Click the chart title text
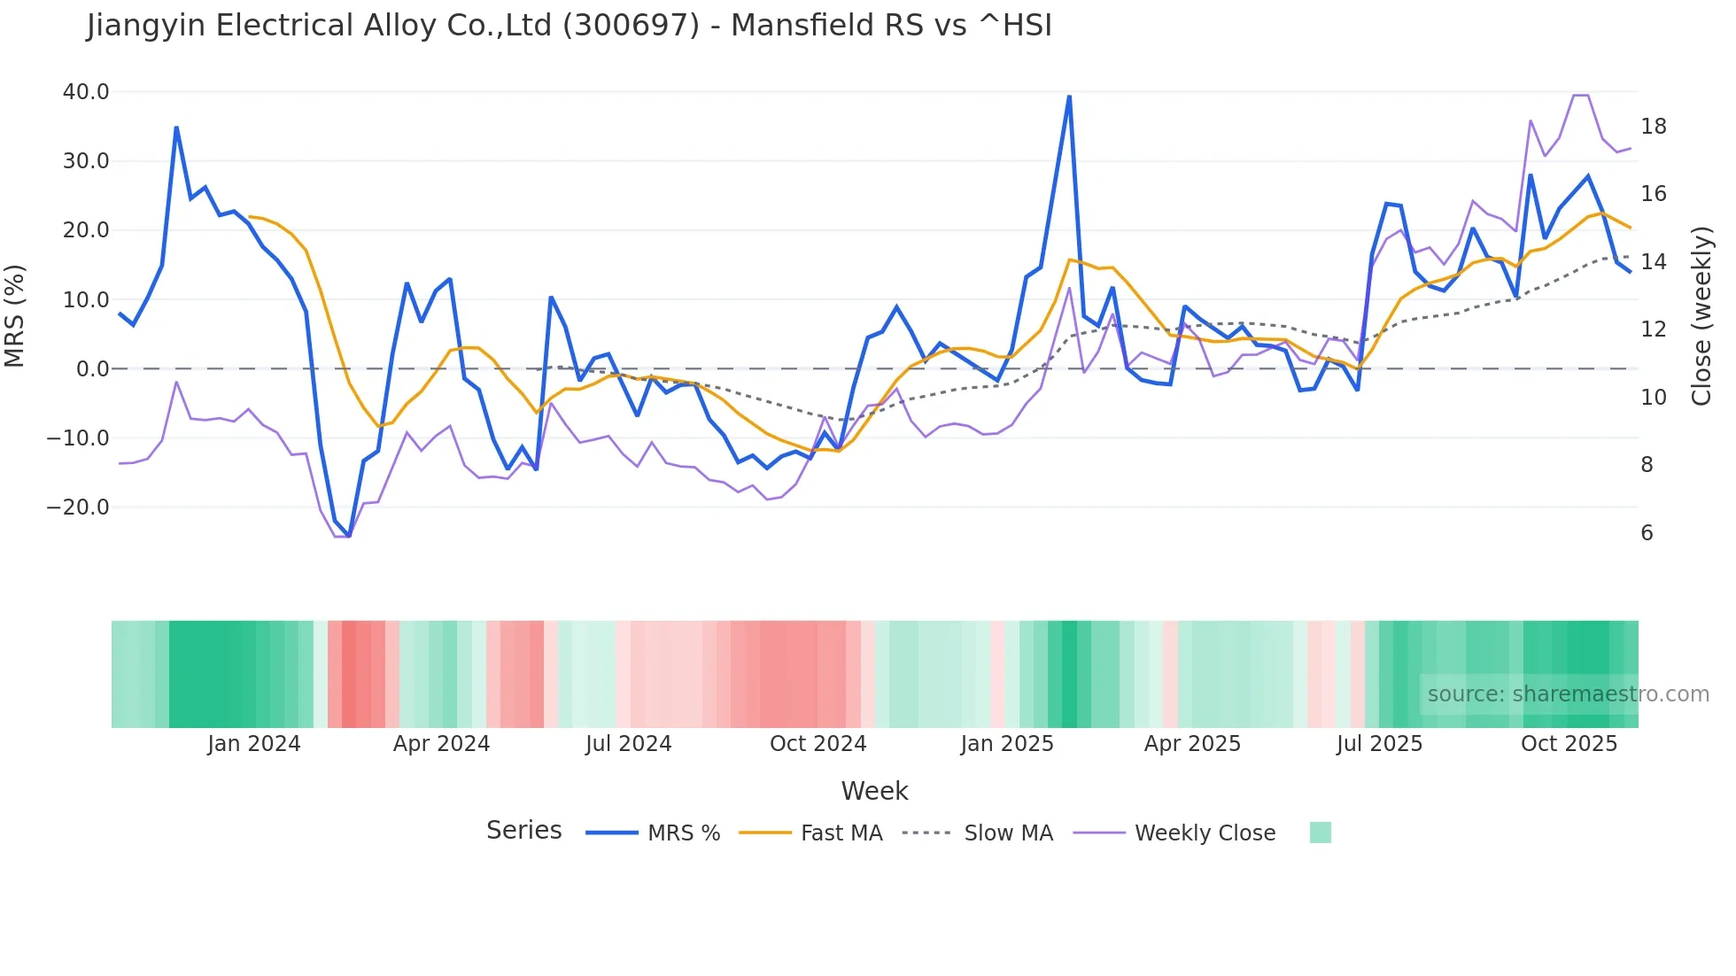pyautogui.click(x=569, y=26)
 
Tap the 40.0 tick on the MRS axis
pyautogui.click(x=86, y=92)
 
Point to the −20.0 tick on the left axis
pyautogui.click(x=78, y=507)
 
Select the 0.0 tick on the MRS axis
pyautogui.click(x=92, y=369)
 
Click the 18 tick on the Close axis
pyautogui.click(x=1653, y=127)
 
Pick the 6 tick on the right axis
pyautogui.click(x=1647, y=533)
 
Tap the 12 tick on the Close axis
pyautogui.click(x=1653, y=329)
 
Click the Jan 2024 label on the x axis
pyautogui.click(x=254, y=744)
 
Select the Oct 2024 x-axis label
pyautogui.click(x=818, y=744)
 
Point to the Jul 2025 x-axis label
pyautogui.click(x=1379, y=744)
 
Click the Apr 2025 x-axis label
pyautogui.click(x=1192, y=744)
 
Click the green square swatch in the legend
pyautogui.click(x=1320, y=833)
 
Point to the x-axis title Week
pyautogui.click(x=874, y=791)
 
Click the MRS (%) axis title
pyautogui.click(x=15, y=316)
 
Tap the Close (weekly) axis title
pyautogui.click(x=1701, y=316)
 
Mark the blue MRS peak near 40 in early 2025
pyautogui.click(x=1069, y=97)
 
